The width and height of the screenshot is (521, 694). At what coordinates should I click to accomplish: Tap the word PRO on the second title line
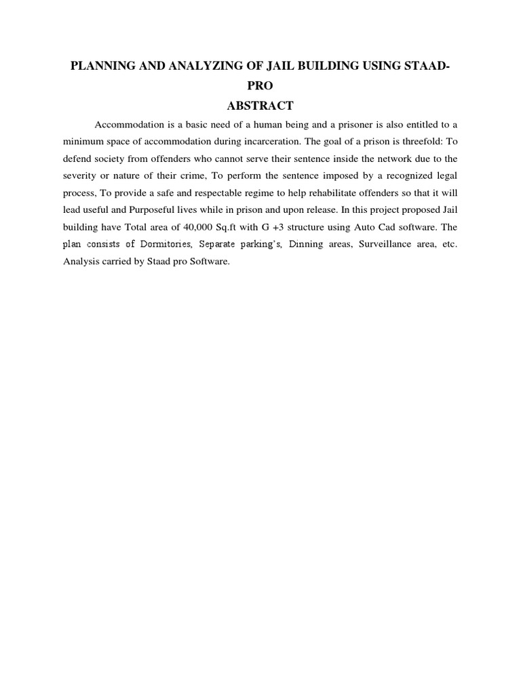click(x=260, y=87)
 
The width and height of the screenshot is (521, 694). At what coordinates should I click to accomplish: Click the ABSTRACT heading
click(x=260, y=106)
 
